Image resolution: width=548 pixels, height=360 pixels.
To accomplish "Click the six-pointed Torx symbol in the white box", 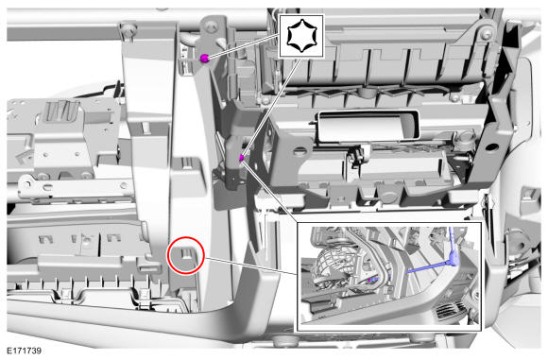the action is click(x=301, y=36).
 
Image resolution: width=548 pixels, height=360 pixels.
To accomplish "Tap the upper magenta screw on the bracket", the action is click(x=204, y=59).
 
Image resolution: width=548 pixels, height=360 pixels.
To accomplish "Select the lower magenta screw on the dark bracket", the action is click(x=241, y=158).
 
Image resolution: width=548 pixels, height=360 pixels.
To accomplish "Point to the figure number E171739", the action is click(x=25, y=351).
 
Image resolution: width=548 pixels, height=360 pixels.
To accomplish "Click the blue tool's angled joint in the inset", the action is click(x=454, y=259).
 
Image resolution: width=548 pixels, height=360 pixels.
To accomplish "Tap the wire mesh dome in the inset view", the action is click(x=331, y=266).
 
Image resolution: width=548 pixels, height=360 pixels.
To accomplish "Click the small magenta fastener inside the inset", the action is click(x=369, y=280).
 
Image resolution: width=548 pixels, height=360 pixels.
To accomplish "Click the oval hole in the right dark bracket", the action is click(x=491, y=146).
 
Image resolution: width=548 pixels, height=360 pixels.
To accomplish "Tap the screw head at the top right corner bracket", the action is click(x=487, y=34).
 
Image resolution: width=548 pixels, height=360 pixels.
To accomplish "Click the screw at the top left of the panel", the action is click(x=130, y=28).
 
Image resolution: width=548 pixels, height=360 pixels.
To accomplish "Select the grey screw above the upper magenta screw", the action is click(x=210, y=26).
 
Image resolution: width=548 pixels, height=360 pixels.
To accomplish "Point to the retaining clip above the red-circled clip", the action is click(x=187, y=163).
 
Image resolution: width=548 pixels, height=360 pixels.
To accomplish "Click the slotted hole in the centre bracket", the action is click(x=300, y=151).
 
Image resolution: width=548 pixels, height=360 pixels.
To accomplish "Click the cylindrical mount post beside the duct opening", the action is click(x=463, y=137).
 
